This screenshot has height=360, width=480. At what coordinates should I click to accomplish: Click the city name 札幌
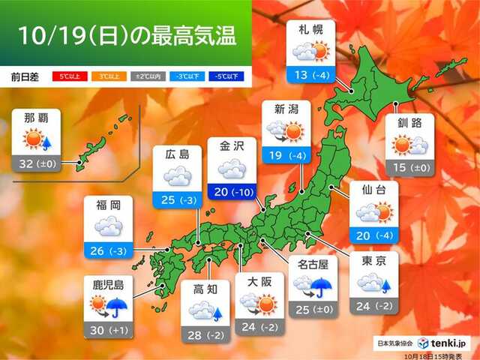click(x=310, y=31)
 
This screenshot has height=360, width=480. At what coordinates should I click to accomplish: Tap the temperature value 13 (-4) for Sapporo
click(x=310, y=74)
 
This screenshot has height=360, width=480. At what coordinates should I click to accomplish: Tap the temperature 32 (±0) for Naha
click(x=35, y=161)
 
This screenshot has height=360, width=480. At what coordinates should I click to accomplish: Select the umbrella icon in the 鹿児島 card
click(x=116, y=306)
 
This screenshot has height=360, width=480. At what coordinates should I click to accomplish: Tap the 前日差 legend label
click(x=25, y=76)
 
